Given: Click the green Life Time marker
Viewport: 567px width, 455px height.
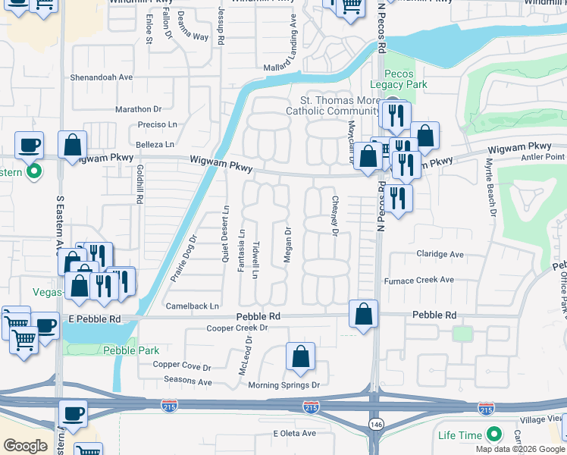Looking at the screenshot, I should [x=494, y=435].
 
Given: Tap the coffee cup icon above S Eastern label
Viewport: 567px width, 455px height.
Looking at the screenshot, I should [x=30, y=144].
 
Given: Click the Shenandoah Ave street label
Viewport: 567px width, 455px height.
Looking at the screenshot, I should [x=102, y=77].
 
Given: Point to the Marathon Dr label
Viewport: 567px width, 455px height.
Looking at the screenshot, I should [x=139, y=109].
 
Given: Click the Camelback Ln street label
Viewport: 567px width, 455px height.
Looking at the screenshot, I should [x=193, y=306].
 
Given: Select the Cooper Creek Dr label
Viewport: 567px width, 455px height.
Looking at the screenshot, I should [x=238, y=328].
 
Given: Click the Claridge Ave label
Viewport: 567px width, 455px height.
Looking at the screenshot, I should [x=440, y=254].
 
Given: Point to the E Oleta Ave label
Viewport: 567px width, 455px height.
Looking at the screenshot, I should [x=294, y=433].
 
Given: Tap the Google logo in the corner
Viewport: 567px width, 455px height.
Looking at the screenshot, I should [x=25, y=446].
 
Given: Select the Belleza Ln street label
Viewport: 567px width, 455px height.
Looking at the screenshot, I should [x=155, y=144].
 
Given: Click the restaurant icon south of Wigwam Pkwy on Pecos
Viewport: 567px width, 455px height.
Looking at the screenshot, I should [x=397, y=198].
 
